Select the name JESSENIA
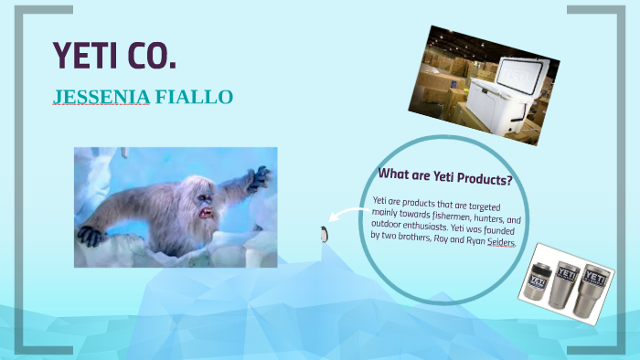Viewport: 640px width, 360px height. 100,97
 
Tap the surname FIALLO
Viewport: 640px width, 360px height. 193,97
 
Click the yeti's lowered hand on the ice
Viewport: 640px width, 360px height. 91,236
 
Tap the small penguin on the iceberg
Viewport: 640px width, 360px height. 324,234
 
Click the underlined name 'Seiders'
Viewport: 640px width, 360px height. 497,244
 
